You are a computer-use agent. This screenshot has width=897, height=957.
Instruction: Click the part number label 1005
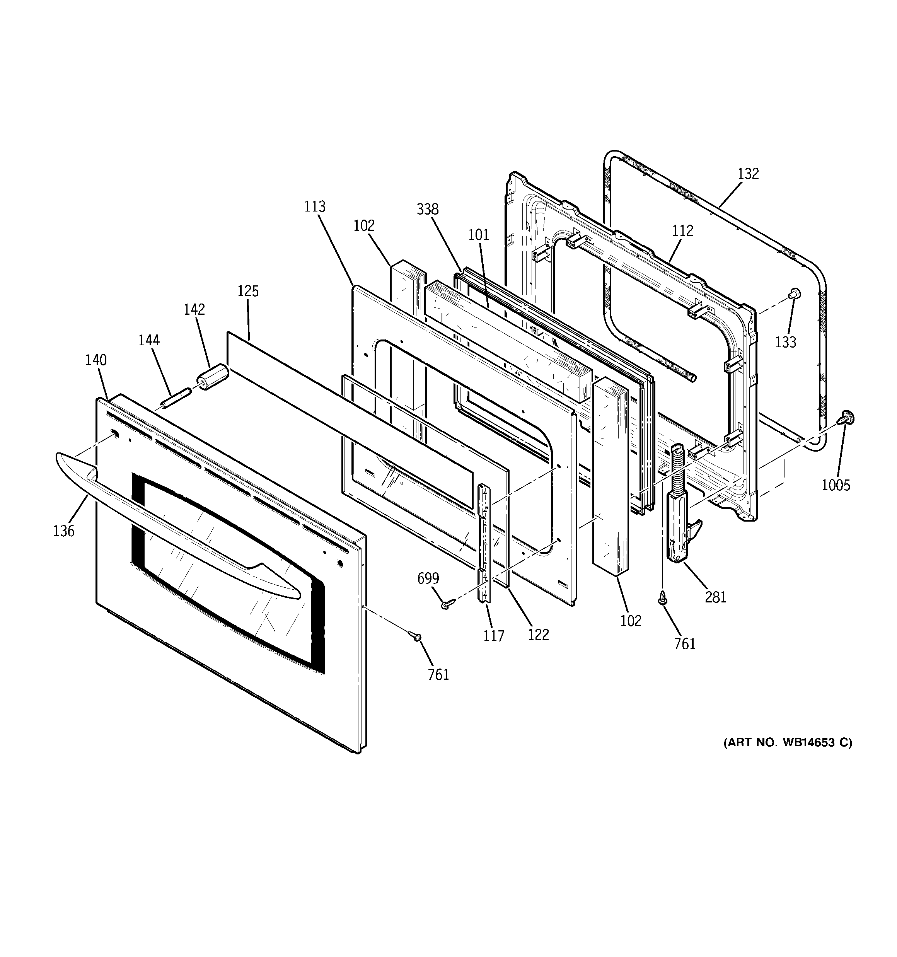click(x=836, y=485)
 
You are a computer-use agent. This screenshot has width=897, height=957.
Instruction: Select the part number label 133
click(x=786, y=342)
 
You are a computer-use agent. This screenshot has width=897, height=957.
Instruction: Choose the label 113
click(x=315, y=206)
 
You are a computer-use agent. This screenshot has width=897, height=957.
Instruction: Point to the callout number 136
click(x=64, y=531)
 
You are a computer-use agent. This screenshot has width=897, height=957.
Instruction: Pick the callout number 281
click(x=716, y=597)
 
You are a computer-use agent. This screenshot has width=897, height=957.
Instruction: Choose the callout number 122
click(x=538, y=635)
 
